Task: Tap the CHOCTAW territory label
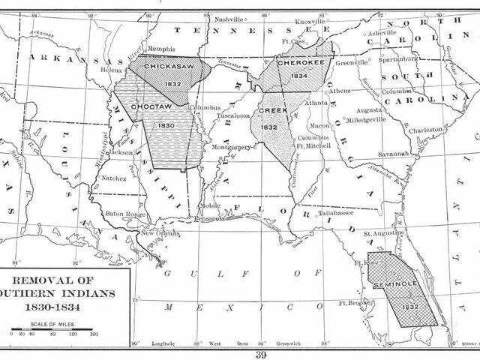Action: point(150,107)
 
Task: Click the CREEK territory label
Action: point(269,110)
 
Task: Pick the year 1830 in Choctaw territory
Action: point(166,125)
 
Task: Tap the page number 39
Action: point(261,354)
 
